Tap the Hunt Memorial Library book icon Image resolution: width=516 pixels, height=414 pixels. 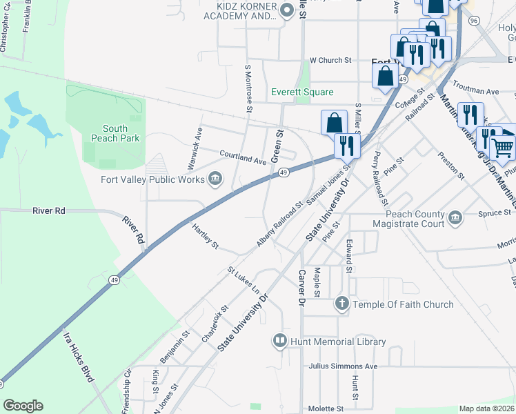click(x=280, y=340)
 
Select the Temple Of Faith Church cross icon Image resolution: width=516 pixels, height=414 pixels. click(x=341, y=304)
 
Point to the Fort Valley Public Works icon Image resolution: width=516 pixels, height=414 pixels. click(x=215, y=180)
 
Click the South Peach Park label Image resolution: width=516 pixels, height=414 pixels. click(x=115, y=133)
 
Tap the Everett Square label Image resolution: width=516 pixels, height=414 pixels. click(x=302, y=92)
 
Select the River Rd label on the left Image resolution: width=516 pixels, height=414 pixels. click(x=48, y=210)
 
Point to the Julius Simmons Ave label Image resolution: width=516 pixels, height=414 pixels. click(x=344, y=366)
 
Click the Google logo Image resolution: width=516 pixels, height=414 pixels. click(x=23, y=405)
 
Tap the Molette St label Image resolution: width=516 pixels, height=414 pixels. click(x=326, y=409)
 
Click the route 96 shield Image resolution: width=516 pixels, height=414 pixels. click(x=473, y=21)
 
